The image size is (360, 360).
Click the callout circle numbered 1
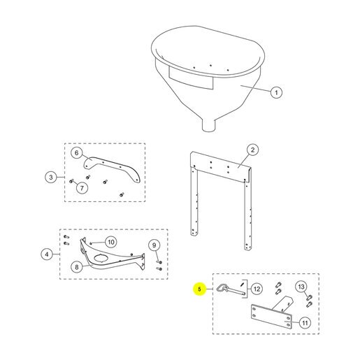click(x=276, y=92)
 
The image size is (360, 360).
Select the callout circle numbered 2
click(x=253, y=150)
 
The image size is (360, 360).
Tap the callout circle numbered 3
click(x=51, y=178)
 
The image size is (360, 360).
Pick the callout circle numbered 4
click(x=47, y=254)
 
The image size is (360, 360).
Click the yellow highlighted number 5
click(x=199, y=289)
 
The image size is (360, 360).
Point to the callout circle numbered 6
click(x=77, y=153)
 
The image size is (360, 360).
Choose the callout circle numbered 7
click(x=82, y=188)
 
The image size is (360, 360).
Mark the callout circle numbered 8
click(x=77, y=267)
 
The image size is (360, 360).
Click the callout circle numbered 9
click(x=154, y=245)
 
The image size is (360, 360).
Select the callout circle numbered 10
click(x=111, y=242)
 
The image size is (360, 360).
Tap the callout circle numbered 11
click(x=305, y=323)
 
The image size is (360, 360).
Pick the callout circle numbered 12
click(x=257, y=289)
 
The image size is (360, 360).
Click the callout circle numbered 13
click(x=301, y=287)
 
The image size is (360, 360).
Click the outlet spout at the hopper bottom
click(x=208, y=125)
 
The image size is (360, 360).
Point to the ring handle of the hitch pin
click(x=221, y=288)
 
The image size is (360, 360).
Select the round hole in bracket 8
click(x=101, y=257)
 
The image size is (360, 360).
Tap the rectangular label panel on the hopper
click(x=191, y=78)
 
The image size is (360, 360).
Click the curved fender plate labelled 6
click(x=112, y=168)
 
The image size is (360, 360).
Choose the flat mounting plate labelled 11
click(x=271, y=317)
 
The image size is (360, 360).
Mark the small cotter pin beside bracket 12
click(x=243, y=285)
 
